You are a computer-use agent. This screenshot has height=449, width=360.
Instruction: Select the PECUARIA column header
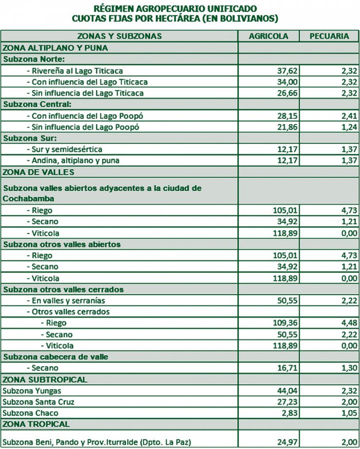(x=330, y=36)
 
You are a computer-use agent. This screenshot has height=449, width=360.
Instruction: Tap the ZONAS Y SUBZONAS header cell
(x=119, y=36)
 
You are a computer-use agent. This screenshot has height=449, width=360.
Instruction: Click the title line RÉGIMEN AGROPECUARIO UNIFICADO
(x=176, y=9)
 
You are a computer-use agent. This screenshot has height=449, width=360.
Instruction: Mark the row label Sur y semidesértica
(x=67, y=149)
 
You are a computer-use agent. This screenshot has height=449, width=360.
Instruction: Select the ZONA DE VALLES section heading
(x=39, y=172)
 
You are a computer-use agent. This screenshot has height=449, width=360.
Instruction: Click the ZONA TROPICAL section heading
(x=36, y=424)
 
